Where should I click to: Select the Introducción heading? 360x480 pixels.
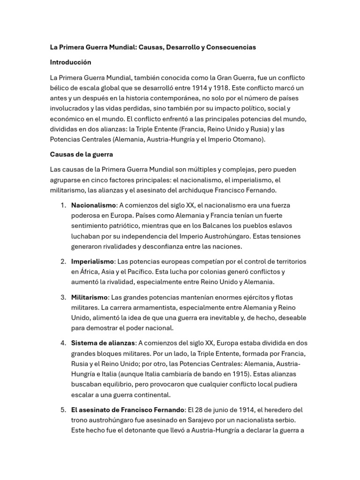71,62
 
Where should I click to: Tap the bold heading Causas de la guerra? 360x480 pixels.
82,154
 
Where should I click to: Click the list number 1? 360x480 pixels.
63,205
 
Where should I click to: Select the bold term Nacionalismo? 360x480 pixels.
93,205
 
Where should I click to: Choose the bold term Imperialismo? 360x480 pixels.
92,261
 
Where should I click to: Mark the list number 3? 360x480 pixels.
63,297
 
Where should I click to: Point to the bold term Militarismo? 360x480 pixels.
90,297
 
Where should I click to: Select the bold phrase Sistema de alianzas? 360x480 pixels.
103,343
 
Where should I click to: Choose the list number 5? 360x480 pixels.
63,410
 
